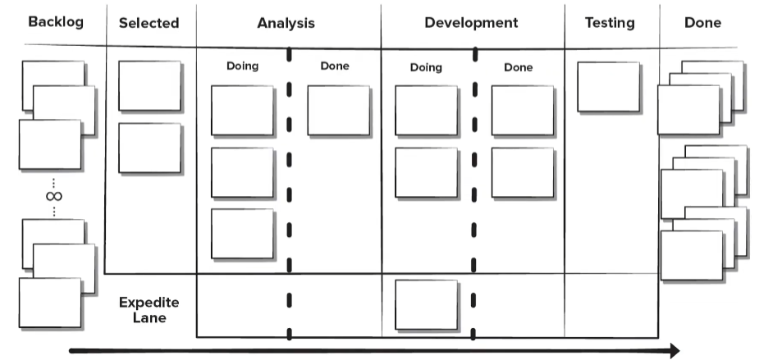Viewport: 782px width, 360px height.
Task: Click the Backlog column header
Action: point(56,22)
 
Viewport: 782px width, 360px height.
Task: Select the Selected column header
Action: point(149,23)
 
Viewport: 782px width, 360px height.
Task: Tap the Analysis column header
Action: point(286,24)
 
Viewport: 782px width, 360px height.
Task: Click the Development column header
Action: point(471,23)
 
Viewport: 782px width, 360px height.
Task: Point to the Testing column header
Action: point(610,23)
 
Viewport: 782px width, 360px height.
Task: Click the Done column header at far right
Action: point(702,22)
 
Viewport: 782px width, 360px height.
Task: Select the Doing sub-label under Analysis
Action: point(242,66)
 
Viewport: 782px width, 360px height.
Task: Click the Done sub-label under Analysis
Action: point(335,66)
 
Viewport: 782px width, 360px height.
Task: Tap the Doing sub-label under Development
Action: point(426,67)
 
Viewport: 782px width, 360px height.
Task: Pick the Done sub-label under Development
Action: point(518,67)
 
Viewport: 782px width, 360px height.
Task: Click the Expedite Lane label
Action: point(149,310)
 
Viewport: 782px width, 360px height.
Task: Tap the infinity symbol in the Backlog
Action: point(54,196)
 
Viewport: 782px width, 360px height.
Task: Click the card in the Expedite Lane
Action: point(427,305)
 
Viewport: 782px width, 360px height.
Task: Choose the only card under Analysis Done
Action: point(340,111)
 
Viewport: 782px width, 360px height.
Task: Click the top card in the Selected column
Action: point(151,87)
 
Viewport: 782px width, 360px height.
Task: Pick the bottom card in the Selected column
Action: point(151,148)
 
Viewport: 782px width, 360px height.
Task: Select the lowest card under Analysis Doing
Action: point(244,235)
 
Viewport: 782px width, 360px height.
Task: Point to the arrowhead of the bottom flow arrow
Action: point(675,351)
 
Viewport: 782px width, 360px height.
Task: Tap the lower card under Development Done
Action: point(524,173)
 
